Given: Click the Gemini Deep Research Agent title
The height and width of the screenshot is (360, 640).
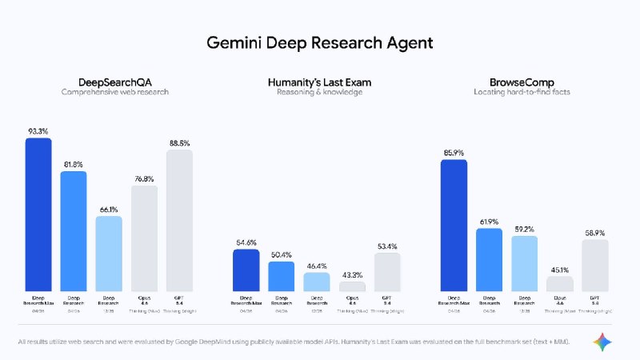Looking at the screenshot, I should pos(320,40).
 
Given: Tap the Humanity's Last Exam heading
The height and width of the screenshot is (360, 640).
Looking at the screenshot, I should pos(319,82).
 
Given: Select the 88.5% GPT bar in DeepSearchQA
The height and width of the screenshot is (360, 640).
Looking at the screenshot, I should pos(179,220).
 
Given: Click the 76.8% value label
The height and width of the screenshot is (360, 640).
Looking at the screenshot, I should pos(144,179).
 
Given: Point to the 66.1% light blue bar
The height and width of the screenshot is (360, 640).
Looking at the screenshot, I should pos(109,253).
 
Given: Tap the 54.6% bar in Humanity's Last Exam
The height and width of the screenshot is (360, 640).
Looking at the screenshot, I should pos(246,270).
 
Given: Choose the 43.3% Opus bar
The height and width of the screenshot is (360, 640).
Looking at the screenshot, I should pos(352,286).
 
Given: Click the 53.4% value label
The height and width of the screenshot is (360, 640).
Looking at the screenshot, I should pos(387,246).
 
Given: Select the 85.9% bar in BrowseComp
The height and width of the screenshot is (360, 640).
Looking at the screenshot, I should pos(454,225).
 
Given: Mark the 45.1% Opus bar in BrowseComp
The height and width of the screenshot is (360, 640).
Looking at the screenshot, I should pos(560,283).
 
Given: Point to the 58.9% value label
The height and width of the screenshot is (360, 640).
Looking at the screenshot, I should pos(594,232).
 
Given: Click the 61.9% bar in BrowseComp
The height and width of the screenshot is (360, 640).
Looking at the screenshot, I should pos(489,259).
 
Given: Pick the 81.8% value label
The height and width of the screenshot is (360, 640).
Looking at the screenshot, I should pos(74,165).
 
